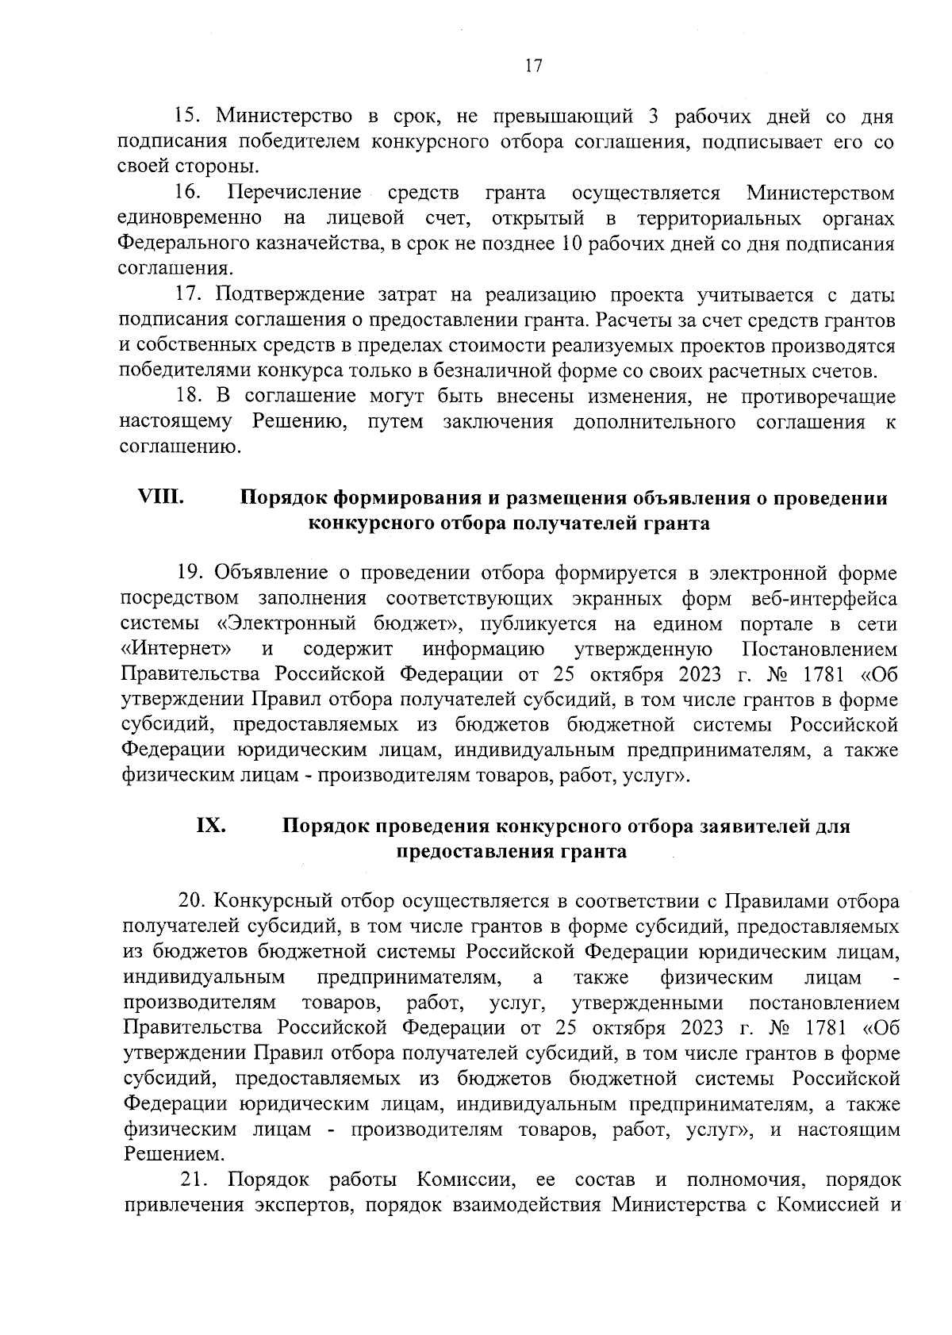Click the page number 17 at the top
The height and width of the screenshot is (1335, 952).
533,66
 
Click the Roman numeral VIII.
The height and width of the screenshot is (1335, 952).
161,497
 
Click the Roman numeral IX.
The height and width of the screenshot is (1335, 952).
211,826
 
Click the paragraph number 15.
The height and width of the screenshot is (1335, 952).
186,117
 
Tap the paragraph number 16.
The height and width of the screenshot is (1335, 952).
188,193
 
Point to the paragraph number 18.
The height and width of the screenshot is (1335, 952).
188,396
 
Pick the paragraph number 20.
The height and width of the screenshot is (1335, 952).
192,901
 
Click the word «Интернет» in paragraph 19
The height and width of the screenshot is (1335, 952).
175,649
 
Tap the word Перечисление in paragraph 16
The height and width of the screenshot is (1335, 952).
294,193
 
